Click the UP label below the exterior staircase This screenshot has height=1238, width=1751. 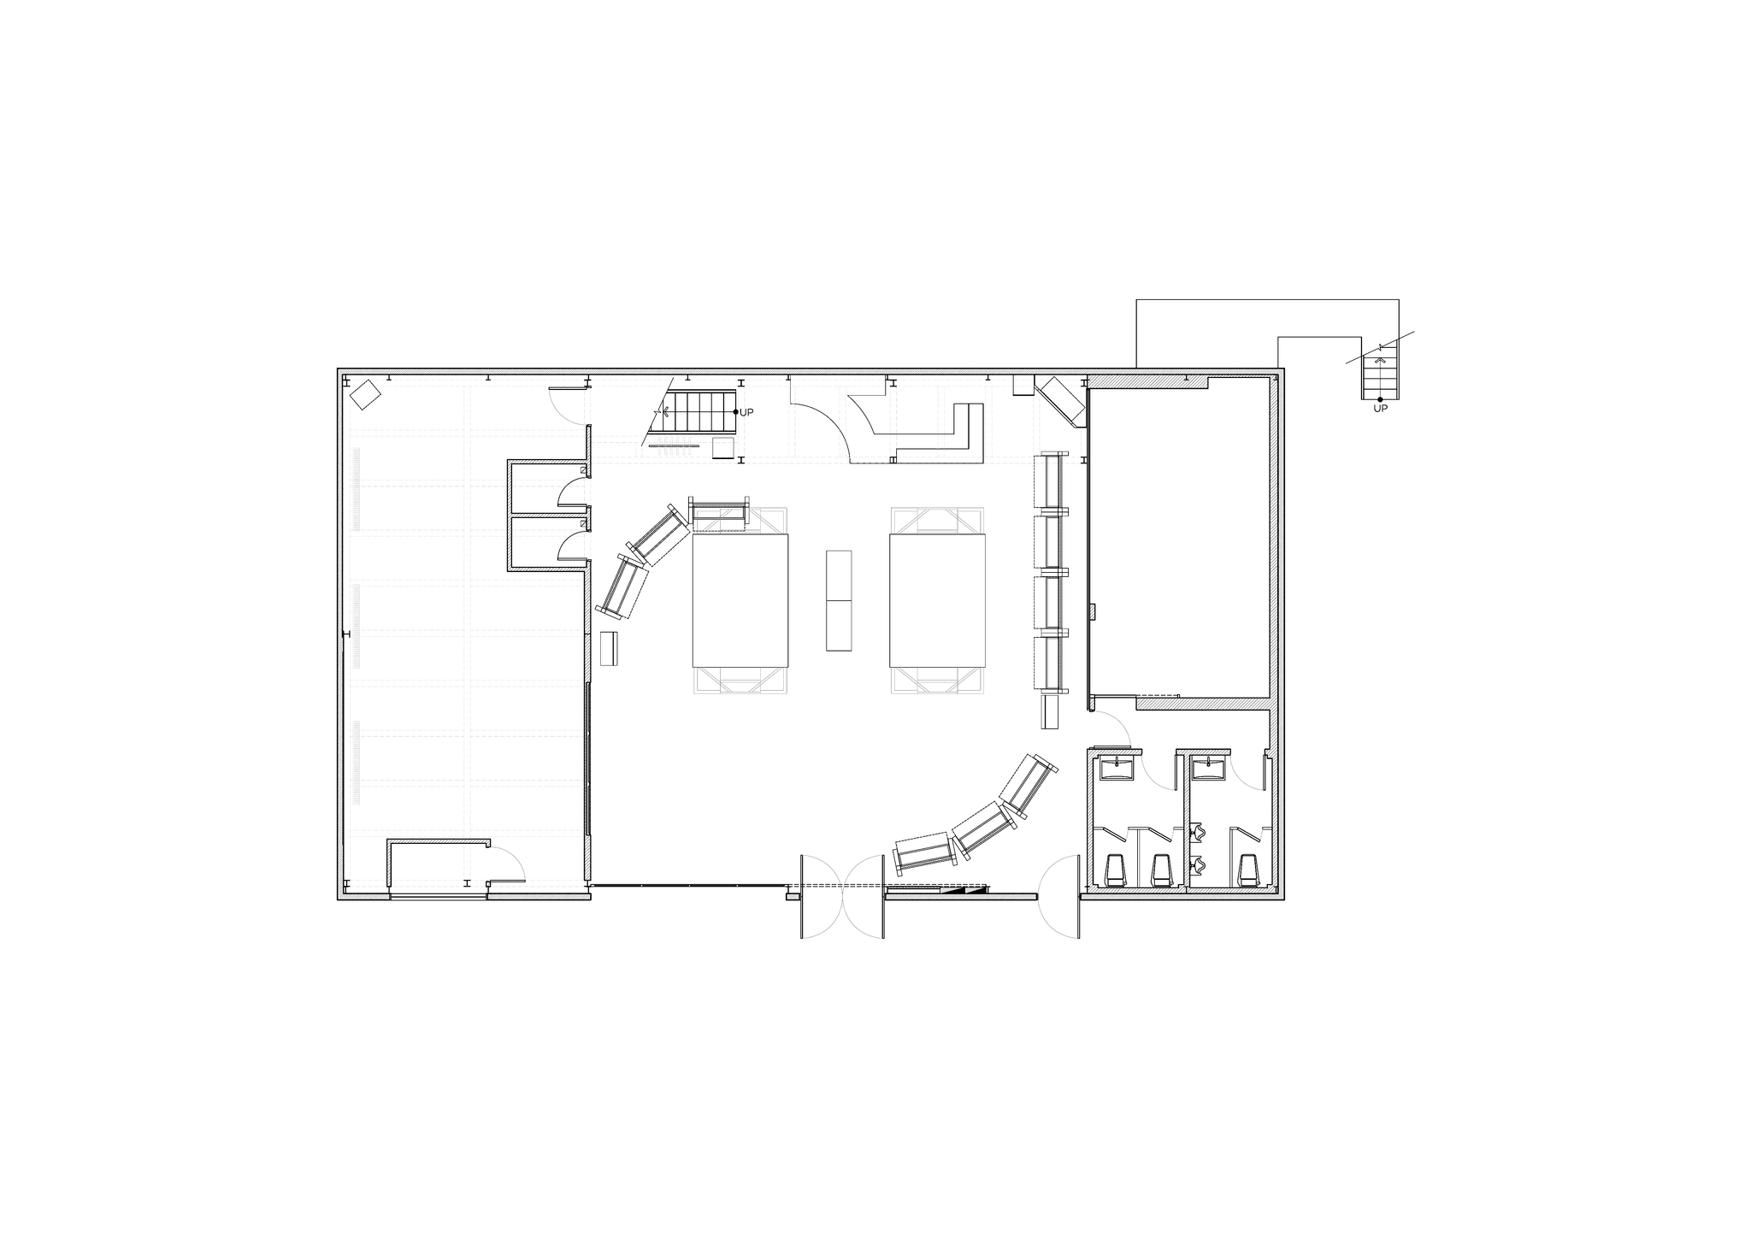point(1380,409)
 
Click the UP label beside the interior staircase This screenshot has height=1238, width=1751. point(746,412)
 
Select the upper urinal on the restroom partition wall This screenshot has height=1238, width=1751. point(1199,830)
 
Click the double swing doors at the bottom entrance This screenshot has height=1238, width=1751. point(842,896)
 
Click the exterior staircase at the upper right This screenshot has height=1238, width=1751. point(1380,376)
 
